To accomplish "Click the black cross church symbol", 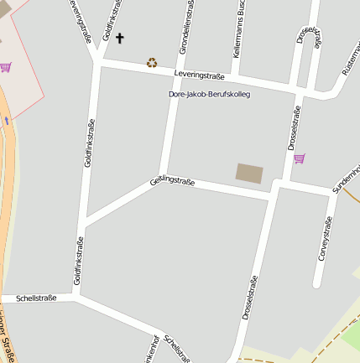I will pos(119,38).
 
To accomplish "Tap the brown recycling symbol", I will pos(152,62).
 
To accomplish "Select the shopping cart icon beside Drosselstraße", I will pos(299,158).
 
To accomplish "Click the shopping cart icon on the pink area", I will pos(7,66).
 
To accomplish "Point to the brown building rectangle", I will pos(249,174).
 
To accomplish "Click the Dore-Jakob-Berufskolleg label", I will pos(209,94).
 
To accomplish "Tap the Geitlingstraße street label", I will pos(172,179).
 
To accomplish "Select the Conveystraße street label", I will pos(325,240).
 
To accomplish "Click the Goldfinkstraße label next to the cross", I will pos(109,21).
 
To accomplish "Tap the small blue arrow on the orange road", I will pos(7,121).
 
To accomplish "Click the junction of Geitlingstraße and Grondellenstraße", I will pos(162,176).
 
